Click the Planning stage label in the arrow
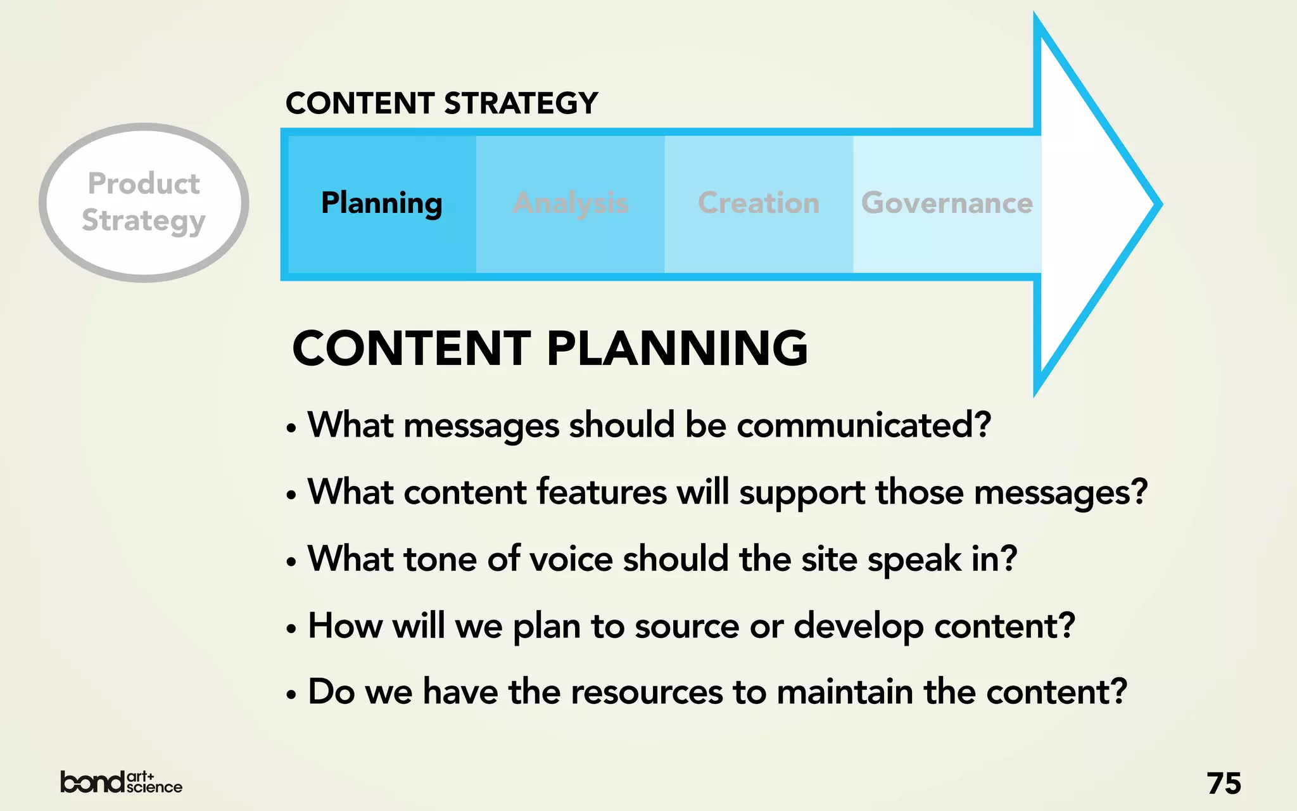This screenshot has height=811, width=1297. pyautogui.click(x=381, y=203)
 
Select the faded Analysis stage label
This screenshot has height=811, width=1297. pyautogui.click(x=570, y=203)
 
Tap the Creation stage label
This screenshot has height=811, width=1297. pyautogui.click(x=758, y=203)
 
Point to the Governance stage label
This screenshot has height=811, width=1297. pyautogui.click(x=947, y=203)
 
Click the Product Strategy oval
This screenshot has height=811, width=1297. pyautogui.click(x=144, y=202)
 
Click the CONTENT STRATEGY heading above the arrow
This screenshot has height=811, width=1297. pyautogui.click(x=441, y=103)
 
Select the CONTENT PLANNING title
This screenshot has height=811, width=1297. pyautogui.click(x=550, y=348)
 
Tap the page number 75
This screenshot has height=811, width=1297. pyautogui.click(x=1224, y=784)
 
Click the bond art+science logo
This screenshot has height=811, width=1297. pyautogui.click(x=121, y=782)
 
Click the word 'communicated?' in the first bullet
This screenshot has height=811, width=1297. pyautogui.click(x=863, y=425)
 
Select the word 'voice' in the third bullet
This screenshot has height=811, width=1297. pyautogui.click(x=571, y=559)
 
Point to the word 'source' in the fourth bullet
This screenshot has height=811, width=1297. pyautogui.click(x=686, y=627)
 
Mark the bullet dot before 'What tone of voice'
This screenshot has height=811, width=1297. pyautogui.click(x=291, y=561)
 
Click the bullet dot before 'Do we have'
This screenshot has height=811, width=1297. pyautogui.click(x=291, y=694)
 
